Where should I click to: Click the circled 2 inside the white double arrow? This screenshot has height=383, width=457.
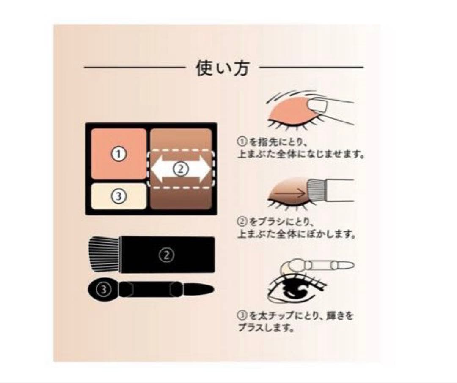180,169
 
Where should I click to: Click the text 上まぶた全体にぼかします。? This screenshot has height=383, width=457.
296,233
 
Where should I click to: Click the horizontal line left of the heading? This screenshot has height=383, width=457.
133,67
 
